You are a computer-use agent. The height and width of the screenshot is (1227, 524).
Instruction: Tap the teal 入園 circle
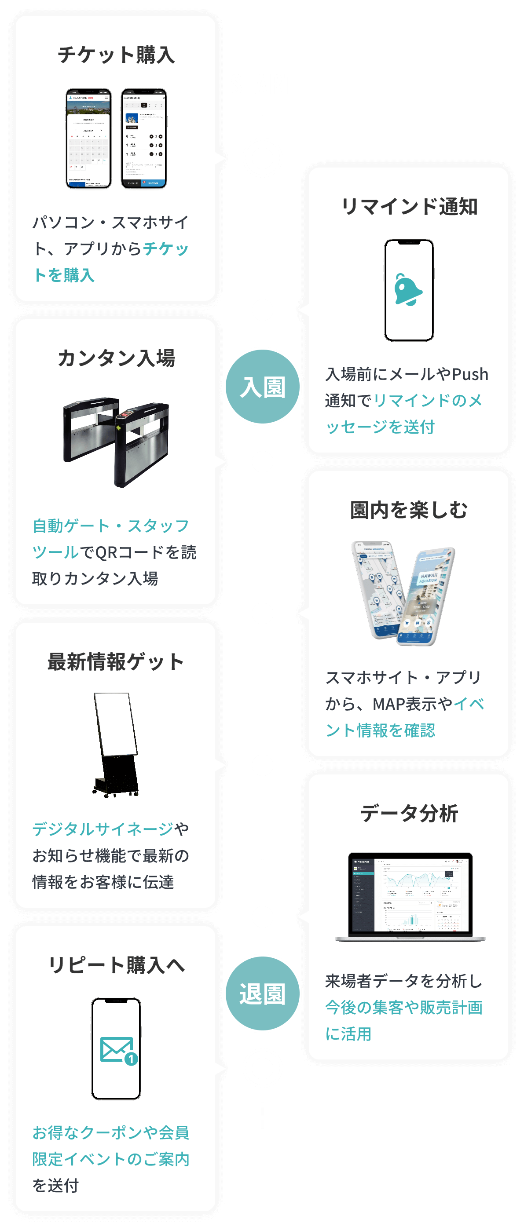coord(263,387)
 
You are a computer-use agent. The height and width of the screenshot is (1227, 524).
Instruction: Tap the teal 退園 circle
coord(263,993)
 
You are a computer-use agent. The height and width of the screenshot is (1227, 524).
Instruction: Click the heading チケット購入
coord(116,55)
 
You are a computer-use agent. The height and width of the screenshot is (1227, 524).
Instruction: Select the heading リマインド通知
coord(409,207)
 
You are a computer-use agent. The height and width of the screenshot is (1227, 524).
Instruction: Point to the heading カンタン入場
coord(116,358)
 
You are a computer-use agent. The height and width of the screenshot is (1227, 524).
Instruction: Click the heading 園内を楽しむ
coord(409,510)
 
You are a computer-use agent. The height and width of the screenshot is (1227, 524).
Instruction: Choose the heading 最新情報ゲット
coord(116,661)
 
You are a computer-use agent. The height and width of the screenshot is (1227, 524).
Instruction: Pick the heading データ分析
coord(409,813)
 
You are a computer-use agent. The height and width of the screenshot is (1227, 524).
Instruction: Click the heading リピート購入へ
coord(116,965)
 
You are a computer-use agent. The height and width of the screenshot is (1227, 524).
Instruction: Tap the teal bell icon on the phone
coord(408,290)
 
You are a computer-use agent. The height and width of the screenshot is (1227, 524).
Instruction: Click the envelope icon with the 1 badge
coord(117,1050)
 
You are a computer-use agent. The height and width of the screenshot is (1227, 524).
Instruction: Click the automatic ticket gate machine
coord(117,441)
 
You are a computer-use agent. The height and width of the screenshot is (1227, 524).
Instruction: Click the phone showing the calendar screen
coord(88,138)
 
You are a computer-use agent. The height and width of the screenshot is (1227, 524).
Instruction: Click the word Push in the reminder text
coord(470,374)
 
